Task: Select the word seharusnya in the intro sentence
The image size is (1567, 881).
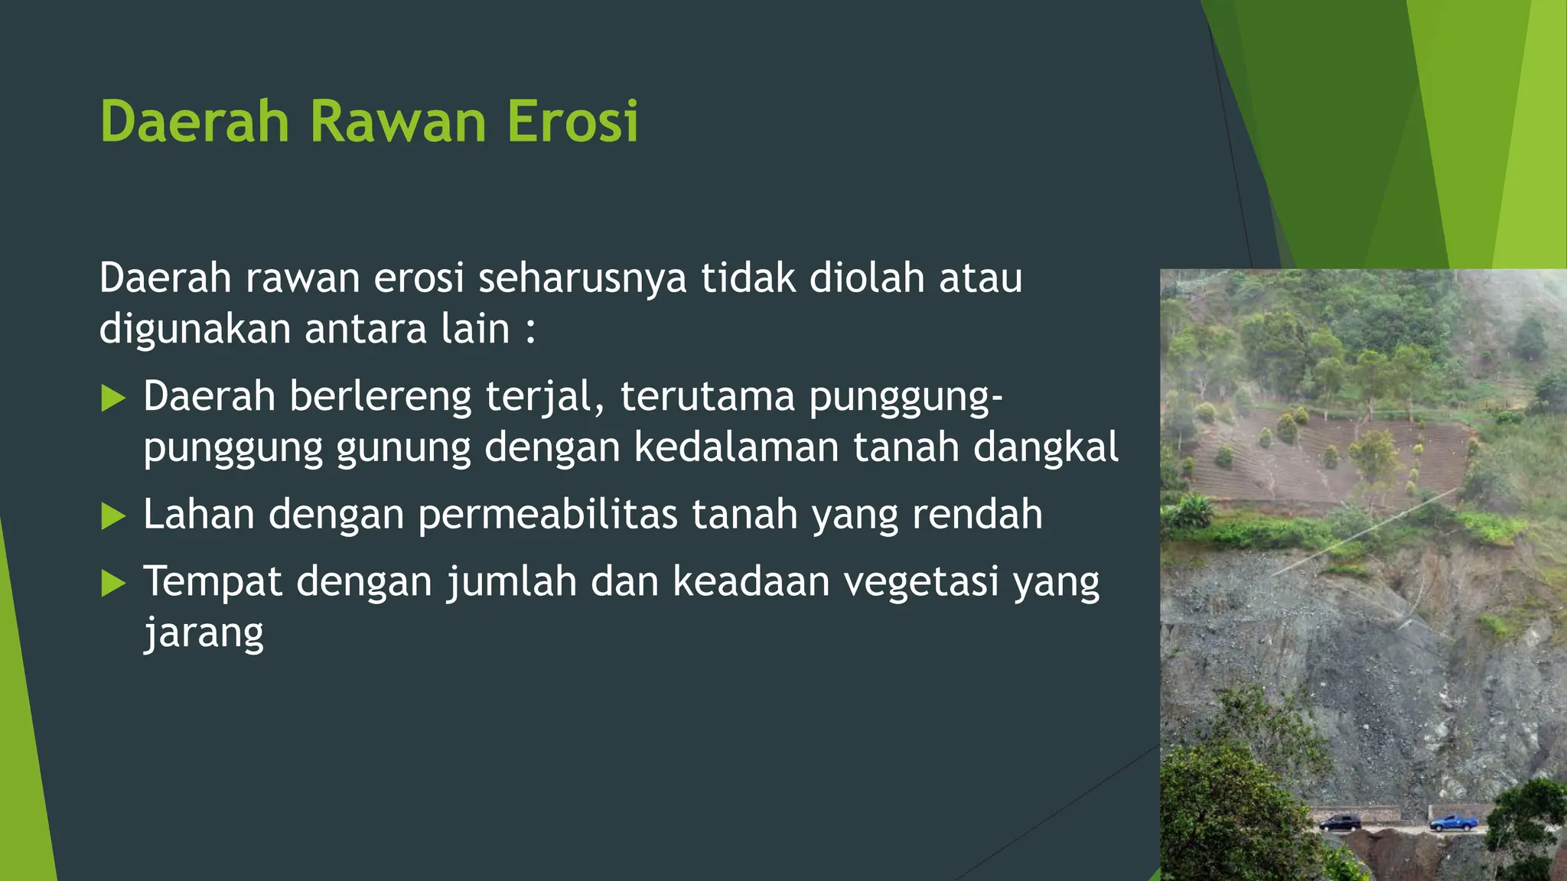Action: click(x=582, y=278)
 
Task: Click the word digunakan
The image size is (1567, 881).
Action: click(x=195, y=330)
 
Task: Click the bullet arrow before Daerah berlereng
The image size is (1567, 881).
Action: click(x=113, y=398)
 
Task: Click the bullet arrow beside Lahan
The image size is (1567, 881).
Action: click(x=113, y=516)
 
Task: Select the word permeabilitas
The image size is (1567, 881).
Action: click(x=548, y=515)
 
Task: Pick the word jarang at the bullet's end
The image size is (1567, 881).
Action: click(x=204, y=634)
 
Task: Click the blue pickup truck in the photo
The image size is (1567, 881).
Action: click(x=1454, y=823)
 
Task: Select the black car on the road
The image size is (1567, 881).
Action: click(x=1341, y=823)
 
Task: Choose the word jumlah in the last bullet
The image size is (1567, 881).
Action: click(x=512, y=582)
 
